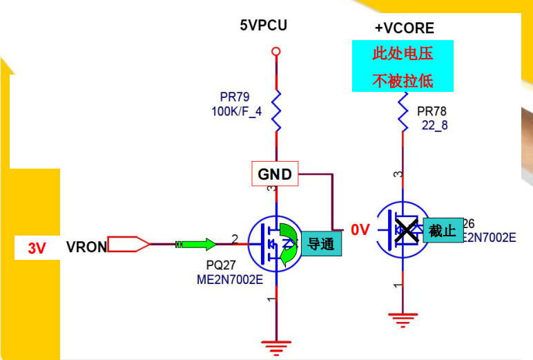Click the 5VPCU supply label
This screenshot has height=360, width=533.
[x=263, y=26]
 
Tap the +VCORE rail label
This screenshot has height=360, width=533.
[x=404, y=28]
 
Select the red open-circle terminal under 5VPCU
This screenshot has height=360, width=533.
[x=276, y=51]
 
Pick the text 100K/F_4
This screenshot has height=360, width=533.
[x=236, y=111]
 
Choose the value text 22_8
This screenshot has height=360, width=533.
[x=434, y=125]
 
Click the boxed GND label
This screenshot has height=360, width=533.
[x=275, y=175]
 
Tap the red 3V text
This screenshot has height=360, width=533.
[x=37, y=249]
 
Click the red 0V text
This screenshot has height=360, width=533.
[x=360, y=230]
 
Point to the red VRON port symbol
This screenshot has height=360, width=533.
[x=129, y=244]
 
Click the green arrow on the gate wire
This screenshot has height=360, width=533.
[x=200, y=244]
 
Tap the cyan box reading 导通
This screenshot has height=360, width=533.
[x=320, y=244]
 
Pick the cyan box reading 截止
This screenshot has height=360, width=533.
[x=443, y=231]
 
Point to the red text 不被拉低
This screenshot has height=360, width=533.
[x=403, y=80]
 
